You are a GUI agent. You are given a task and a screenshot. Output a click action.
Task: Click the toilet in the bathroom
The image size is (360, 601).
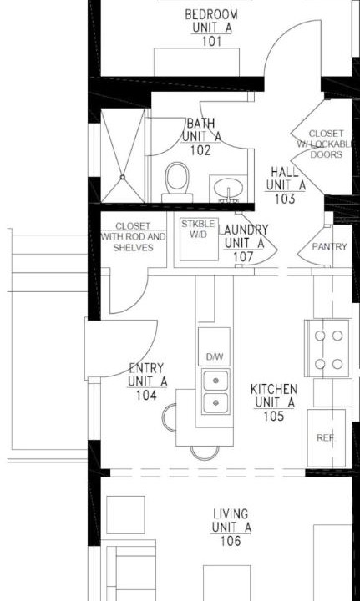[177, 182]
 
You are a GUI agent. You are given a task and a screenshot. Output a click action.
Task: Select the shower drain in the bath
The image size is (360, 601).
[122, 177]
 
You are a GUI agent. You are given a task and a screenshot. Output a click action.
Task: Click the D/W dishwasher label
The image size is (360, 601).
[215, 357]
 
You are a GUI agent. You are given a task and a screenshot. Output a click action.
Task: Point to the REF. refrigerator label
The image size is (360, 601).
[326, 437]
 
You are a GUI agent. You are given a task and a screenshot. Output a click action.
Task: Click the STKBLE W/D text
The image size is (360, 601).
[198, 229]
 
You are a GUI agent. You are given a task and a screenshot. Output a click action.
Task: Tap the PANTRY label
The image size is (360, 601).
[329, 246]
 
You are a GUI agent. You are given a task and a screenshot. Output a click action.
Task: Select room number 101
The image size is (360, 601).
[211, 41]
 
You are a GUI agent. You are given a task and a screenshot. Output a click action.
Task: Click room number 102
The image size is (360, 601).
[200, 150]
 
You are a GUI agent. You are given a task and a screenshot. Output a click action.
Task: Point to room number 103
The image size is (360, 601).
[285, 199]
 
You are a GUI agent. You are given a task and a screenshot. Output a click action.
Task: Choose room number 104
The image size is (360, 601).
[146, 395]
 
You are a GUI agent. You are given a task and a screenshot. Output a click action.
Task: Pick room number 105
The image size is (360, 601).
[274, 416]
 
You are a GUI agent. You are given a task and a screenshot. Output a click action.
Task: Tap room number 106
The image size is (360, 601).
[231, 541]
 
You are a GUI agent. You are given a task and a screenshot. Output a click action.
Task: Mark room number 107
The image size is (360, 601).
[243, 257]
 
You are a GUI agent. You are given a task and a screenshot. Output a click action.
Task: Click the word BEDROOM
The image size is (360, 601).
[211, 14]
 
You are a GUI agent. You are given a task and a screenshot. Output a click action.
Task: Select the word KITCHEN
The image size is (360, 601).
[274, 390]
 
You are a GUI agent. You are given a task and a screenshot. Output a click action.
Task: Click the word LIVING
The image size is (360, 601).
[231, 513]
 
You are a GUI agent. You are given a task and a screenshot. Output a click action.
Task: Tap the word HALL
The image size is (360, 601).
[285, 172]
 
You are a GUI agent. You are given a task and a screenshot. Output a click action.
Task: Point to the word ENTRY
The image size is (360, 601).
[146, 369]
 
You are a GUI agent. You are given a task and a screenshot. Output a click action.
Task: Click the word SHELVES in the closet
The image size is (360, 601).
[133, 248]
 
